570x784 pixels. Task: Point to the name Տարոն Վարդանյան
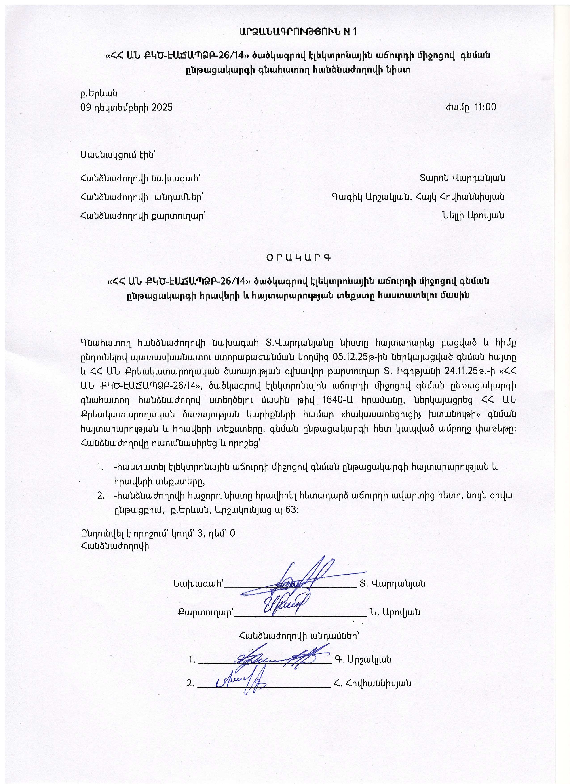point(462,178)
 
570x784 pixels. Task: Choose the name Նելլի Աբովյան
point(472,215)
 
